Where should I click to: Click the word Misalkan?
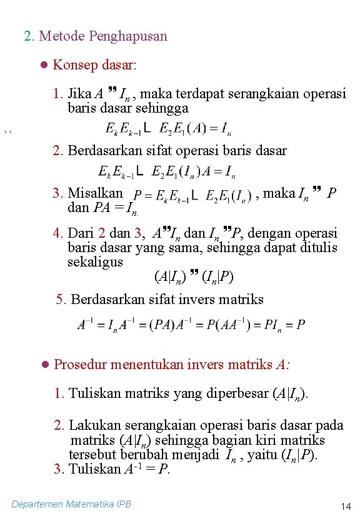click(x=95, y=193)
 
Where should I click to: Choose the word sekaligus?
click(x=95, y=262)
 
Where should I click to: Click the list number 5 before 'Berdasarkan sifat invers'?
click(x=59, y=299)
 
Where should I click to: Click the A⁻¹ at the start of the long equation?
click(x=86, y=324)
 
